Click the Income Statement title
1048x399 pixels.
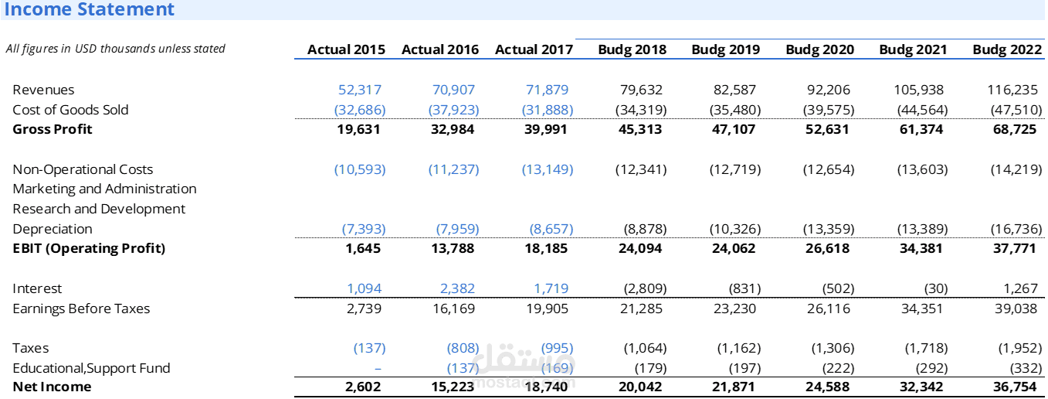click(x=89, y=9)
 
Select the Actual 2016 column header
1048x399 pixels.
click(x=439, y=49)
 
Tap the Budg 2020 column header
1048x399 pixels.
click(x=819, y=49)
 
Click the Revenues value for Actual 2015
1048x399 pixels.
click(x=360, y=90)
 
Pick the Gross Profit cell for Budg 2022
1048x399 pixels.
click(x=1015, y=129)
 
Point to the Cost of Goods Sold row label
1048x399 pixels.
click(x=70, y=110)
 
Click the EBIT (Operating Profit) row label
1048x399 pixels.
click(x=89, y=248)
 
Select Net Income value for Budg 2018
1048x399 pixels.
click(x=640, y=387)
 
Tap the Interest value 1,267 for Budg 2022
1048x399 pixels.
click(x=1020, y=288)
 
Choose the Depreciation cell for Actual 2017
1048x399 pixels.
click(x=551, y=229)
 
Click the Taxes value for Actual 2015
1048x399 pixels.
click(x=370, y=348)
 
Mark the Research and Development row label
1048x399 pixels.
click(x=99, y=209)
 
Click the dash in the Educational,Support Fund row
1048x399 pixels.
click(x=378, y=369)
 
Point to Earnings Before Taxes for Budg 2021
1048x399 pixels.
click(x=921, y=309)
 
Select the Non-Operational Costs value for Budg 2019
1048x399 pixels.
click(x=735, y=169)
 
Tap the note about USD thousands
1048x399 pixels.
click(x=116, y=49)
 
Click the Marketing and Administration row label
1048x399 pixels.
click(x=104, y=189)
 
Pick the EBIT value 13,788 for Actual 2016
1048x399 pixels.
click(x=453, y=248)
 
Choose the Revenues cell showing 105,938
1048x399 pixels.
click(x=919, y=90)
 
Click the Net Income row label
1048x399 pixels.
click(x=52, y=387)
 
